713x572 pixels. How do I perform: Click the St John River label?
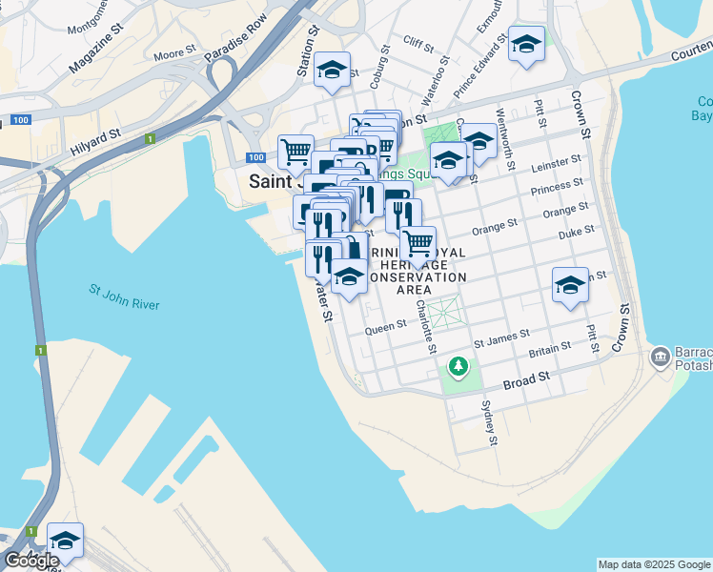(x=124, y=296)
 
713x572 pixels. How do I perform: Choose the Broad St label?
(x=526, y=378)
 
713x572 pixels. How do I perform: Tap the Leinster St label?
(x=561, y=161)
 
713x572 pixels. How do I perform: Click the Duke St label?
(x=576, y=231)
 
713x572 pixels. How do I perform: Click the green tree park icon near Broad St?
(x=458, y=365)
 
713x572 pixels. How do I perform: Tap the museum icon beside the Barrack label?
(x=660, y=357)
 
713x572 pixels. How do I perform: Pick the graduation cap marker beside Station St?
(x=332, y=70)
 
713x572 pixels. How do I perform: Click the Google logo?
(x=31, y=560)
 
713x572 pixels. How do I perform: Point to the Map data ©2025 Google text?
(x=654, y=564)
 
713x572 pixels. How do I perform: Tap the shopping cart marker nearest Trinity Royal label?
(x=418, y=244)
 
